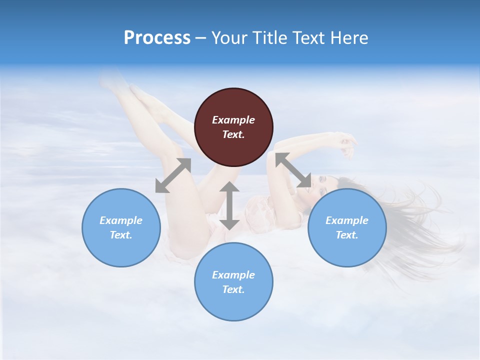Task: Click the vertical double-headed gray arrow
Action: pyautogui.click(x=229, y=205)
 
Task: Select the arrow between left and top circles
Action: pyautogui.click(x=173, y=175)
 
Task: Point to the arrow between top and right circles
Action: pyautogui.click(x=293, y=170)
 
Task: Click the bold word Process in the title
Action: pyautogui.click(x=157, y=37)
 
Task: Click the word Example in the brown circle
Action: pyautogui.click(x=233, y=120)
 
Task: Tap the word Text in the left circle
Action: pyautogui.click(x=121, y=235)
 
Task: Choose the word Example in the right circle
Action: pyautogui.click(x=346, y=220)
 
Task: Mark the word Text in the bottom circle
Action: pyautogui.click(x=233, y=289)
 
